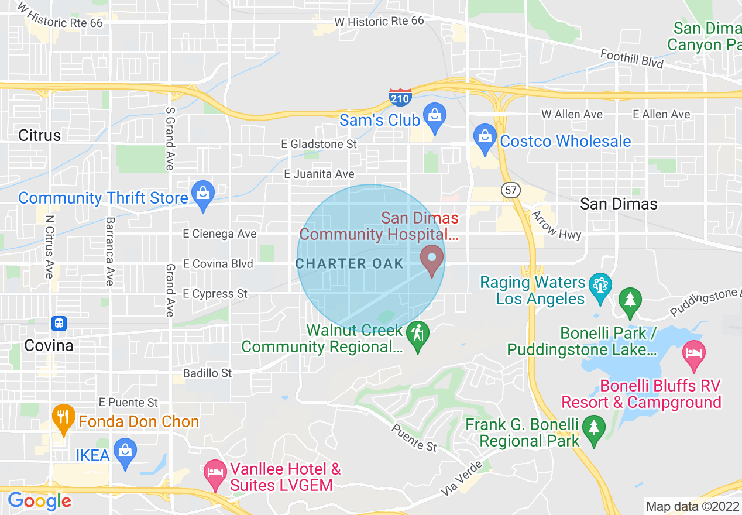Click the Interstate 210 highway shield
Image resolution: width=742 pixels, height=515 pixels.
coord(400,98)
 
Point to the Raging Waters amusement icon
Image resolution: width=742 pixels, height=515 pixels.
coord(600,287)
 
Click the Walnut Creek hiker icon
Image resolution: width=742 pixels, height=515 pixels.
coord(418,335)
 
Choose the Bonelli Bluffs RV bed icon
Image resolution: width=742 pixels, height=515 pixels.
coord(694,355)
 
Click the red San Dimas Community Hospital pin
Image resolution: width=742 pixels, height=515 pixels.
coord(432,259)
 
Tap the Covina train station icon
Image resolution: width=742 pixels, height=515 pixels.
coord(59,323)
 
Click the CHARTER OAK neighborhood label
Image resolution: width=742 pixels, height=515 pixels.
coord(349,263)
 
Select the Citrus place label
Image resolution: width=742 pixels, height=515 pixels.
coord(40,135)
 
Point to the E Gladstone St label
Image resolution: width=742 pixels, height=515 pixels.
coord(319,144)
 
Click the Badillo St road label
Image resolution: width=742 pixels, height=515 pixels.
coord(208,373)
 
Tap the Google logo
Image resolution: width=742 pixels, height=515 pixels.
coord(39,501)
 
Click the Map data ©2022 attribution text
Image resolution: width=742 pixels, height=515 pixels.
coord(692,506)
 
